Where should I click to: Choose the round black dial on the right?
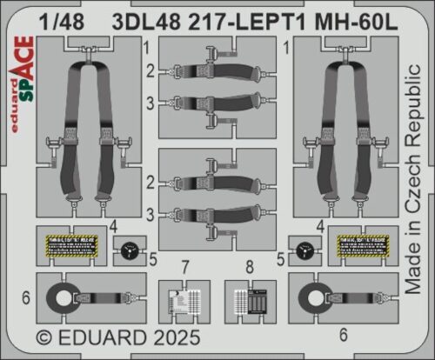pos(304,247)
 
